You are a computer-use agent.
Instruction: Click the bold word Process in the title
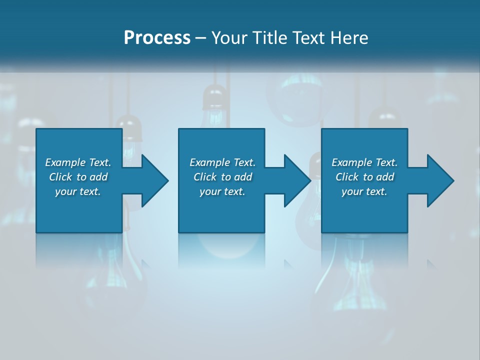pos(157,38)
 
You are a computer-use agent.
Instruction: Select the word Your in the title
pos(228,38)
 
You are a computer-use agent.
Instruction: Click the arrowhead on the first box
pos(153,180)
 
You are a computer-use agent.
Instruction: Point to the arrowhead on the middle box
pos(296,180)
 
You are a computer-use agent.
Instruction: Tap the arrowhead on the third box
pos(439,180)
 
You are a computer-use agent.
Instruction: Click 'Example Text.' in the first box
pos(78,162)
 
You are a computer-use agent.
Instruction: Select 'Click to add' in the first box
pos(78,177)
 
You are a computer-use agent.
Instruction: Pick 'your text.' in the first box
pos(78,191)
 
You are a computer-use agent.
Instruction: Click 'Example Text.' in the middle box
pos(222,162)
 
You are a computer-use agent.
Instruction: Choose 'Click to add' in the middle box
pos(222,177)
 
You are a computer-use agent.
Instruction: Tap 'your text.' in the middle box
pos(222,191)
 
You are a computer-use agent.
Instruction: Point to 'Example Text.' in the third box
pos(364,162)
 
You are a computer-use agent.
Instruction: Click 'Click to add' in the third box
pos(364,177)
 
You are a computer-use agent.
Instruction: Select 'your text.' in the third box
pos(364,191)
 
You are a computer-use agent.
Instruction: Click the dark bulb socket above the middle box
pos(215,97)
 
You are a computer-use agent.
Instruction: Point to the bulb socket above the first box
pos(128,128)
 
